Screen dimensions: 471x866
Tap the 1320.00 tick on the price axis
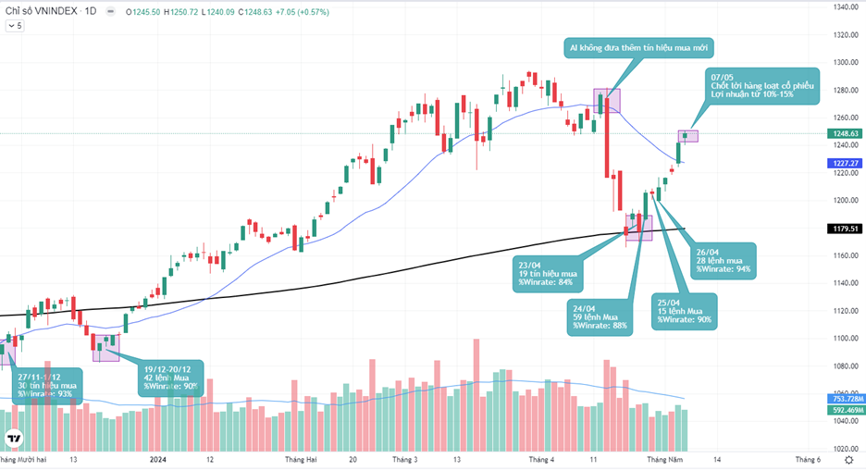point(841,35)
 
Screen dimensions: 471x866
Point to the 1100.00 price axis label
point(841,338)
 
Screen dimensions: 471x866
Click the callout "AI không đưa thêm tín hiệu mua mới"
point(639,48)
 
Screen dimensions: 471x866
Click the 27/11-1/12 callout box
point(46,384)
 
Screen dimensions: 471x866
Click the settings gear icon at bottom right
point(849,458)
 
